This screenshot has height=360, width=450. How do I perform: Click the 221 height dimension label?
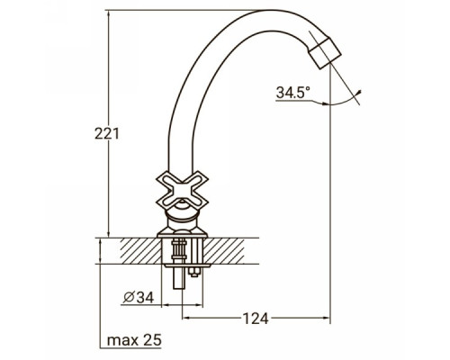[107, 133]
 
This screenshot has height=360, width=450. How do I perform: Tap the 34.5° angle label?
[292, 93]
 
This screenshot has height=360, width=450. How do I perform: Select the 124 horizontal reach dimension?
[256, 319]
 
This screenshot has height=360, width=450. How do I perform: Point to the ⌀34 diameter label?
[139, 298]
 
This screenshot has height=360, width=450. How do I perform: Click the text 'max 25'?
[134, 340]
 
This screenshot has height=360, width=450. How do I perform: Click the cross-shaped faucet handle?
[182, 190]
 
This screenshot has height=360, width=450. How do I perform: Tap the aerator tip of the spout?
[325, 53]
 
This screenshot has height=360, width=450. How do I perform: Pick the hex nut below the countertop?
[193, 273]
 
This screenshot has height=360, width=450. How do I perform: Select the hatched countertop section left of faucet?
[140, 251]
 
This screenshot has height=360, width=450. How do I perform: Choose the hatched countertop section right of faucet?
[224, 251]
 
